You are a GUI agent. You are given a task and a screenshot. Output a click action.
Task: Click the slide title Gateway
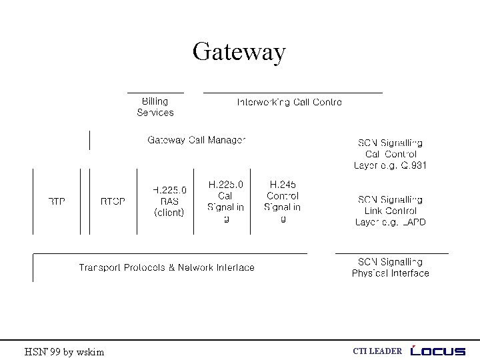pyautogui.click(x=239, y=51)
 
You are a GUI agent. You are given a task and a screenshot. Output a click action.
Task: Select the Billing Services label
pyautogui.click(x=155, y=107)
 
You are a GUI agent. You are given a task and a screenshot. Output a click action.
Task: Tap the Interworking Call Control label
pyautogui.click(x=289, y=102)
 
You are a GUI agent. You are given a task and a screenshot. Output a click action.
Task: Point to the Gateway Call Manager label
pyautogui.click(x=197, y=140)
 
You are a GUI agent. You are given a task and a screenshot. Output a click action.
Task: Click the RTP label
pyautogui.click(x=57, y=201)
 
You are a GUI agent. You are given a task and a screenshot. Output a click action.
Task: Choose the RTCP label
pyautogui.click(x=113, y=201)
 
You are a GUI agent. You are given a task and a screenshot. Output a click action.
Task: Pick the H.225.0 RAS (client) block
pyautogui.click(x=169, y=201)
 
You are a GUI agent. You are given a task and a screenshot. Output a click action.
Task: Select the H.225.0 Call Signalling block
pyautogui.click(x=226, y=201)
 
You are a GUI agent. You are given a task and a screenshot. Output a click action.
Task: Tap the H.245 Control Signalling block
pyautogui.click(x=283, y=201)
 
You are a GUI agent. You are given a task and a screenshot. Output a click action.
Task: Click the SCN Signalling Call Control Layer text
pyautogui.click(x=391, y=154)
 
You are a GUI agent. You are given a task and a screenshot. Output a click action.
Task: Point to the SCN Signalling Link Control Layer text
pyautogui.click(x=391, y=211)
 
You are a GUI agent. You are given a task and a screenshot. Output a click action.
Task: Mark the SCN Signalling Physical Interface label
pyautogui.click(x=391, y=268)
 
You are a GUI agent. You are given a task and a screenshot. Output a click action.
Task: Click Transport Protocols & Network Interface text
pyautogui.click(x=167, y=267)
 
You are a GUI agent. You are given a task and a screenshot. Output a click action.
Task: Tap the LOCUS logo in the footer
pyautogui.click(x=438, y=351)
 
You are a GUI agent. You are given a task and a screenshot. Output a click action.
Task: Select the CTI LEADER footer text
pyautogui.click(x=377, y=351)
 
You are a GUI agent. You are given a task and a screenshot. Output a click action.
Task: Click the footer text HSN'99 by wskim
pyautogui.click(x=64, y=351)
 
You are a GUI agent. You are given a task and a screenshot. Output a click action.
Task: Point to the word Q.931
pyautogui.click(x=413, y=165)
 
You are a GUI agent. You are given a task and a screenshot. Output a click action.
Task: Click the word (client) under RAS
pyautogui.click(x=169, y=213)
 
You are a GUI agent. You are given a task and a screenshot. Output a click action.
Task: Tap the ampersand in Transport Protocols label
pyautogui.click(x=172, y=267)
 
